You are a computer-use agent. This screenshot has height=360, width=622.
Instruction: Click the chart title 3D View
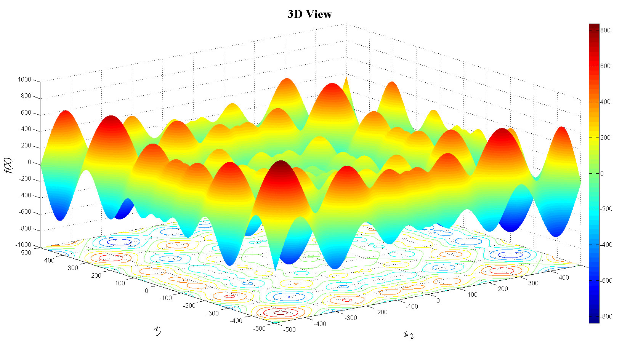[309, 14]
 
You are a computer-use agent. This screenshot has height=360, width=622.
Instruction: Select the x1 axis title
[157, 330]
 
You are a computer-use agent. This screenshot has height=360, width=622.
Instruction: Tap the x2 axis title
[409, 335]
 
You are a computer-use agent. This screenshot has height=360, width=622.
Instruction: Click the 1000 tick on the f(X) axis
[24, 80]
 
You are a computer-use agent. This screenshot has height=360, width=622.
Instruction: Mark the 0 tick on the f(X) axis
[29, 162]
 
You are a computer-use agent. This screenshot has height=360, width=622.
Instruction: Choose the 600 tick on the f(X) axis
[26, 113]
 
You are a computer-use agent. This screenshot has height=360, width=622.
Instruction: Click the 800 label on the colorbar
[605, 30]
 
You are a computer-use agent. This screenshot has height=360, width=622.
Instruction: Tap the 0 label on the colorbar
[602, 173]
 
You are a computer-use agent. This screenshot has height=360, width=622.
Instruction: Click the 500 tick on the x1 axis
[26, 253]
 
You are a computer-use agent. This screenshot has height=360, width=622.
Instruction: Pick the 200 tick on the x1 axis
[96, 275]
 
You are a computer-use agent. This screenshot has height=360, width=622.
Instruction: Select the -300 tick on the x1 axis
[212, 313]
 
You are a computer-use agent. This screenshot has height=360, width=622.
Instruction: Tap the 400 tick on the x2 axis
[563, 278]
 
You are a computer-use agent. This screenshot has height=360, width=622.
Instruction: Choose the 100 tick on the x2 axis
[472, 294]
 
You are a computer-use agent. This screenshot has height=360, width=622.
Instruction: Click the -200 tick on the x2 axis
[382, 312]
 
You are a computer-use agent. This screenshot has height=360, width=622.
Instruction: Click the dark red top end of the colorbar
[594, 26]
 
